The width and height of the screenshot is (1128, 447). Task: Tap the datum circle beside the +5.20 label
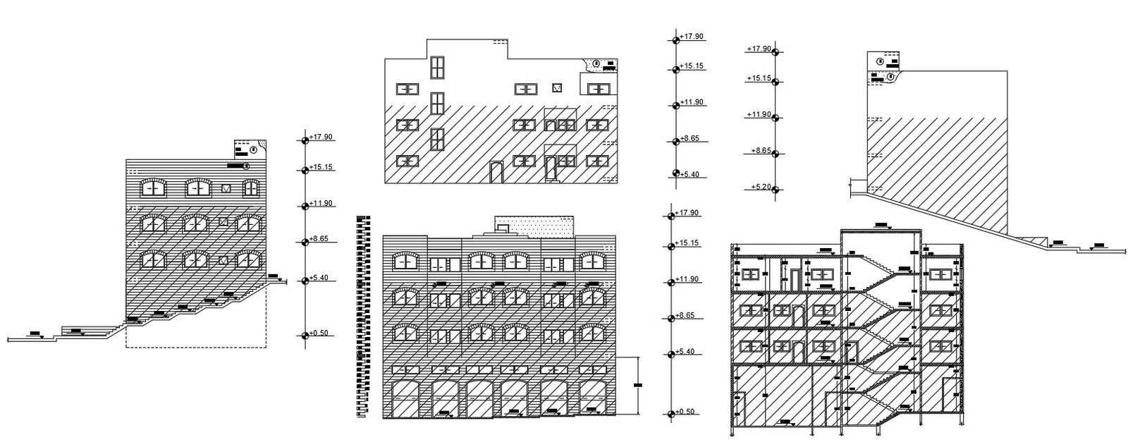(775, 188)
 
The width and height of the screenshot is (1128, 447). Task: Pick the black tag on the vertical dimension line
(639, 385)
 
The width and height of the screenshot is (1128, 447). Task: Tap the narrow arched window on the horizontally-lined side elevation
(250, 188)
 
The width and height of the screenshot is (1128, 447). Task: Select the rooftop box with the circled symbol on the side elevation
(250, 149)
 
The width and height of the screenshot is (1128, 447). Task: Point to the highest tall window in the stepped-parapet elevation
(437, 68)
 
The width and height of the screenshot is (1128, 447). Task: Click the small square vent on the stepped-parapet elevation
(557, 88)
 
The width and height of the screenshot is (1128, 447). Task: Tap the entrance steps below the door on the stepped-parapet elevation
(551, 180)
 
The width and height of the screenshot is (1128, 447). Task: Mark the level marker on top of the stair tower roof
(881, 226)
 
